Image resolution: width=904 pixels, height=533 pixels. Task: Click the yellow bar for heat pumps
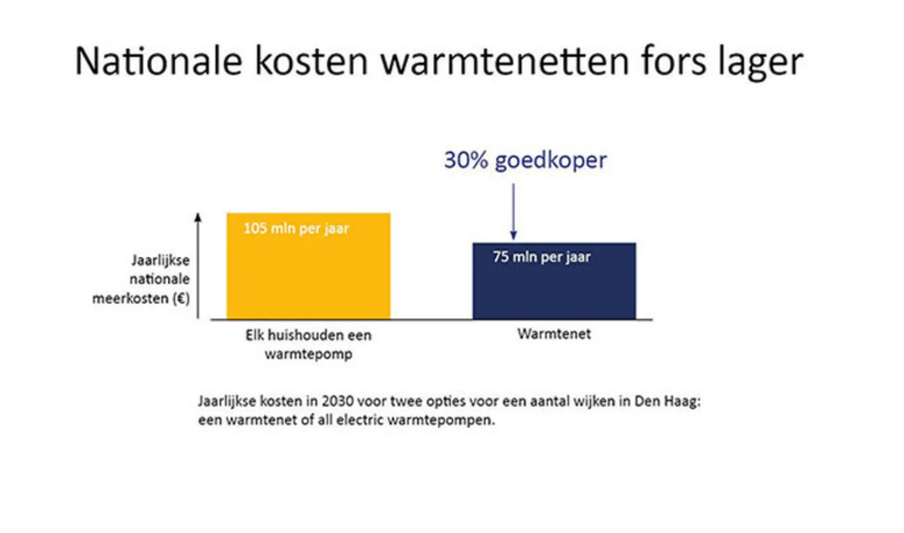(x=309, y=266)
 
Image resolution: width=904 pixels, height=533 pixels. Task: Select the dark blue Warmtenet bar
(x=554, y=281)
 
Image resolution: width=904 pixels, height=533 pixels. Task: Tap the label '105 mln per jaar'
(x=296, y=229)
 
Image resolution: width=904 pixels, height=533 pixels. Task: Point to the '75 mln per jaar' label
(x=542, y=257)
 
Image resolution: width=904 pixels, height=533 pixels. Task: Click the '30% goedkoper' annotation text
(x=526, y=160)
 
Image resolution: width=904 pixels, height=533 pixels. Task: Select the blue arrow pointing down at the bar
(x=513, y=211)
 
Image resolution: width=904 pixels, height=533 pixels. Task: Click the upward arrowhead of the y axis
(x=198, y=217)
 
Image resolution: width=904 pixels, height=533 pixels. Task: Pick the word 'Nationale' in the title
(x=158, y=61)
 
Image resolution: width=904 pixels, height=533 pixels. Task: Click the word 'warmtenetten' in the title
(x=505, y=61)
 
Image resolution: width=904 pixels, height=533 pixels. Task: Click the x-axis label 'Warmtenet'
(x=554, y=334)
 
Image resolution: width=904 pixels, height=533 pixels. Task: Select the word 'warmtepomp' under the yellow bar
(x=309, y=355)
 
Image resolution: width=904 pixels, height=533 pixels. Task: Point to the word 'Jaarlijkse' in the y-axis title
(x=161, y=261)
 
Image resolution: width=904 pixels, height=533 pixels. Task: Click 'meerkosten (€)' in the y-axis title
(x=141, y=299)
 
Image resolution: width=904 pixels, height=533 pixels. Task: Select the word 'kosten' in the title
(x=312, y=61)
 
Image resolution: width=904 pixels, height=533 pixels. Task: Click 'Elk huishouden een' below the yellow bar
(x=309, y=335)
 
